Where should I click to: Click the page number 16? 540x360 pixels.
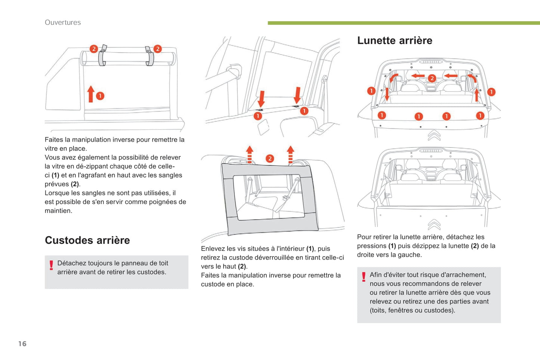(x=22, y=344)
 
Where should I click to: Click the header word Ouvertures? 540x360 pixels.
(x=63, y=22)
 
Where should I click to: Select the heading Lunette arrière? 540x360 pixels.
(x=395, y=40)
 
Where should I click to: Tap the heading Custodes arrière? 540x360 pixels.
(x=87, y=240)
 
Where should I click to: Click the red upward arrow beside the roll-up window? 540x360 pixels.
(x=90, y=94)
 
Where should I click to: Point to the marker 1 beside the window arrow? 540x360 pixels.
(x=100, y=96)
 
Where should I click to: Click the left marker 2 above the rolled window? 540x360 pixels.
(x=94, y=49)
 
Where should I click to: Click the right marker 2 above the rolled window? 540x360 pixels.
(x=158, y=49)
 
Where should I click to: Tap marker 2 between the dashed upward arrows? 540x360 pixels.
(x=270, y=159)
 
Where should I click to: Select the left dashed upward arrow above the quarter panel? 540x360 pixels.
(x=250, y=154)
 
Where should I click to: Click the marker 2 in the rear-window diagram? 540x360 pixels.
(x=432, y=78)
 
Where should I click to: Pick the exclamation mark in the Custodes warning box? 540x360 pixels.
(x=51, y=265)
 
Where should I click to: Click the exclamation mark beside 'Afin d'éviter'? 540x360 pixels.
(x=364, y=277)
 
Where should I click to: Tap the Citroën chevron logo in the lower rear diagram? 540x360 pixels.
(x=434, y=224)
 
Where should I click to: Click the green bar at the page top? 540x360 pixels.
(x=404, y=23)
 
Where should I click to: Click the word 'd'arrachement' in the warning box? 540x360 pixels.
(x=466, y=275)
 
